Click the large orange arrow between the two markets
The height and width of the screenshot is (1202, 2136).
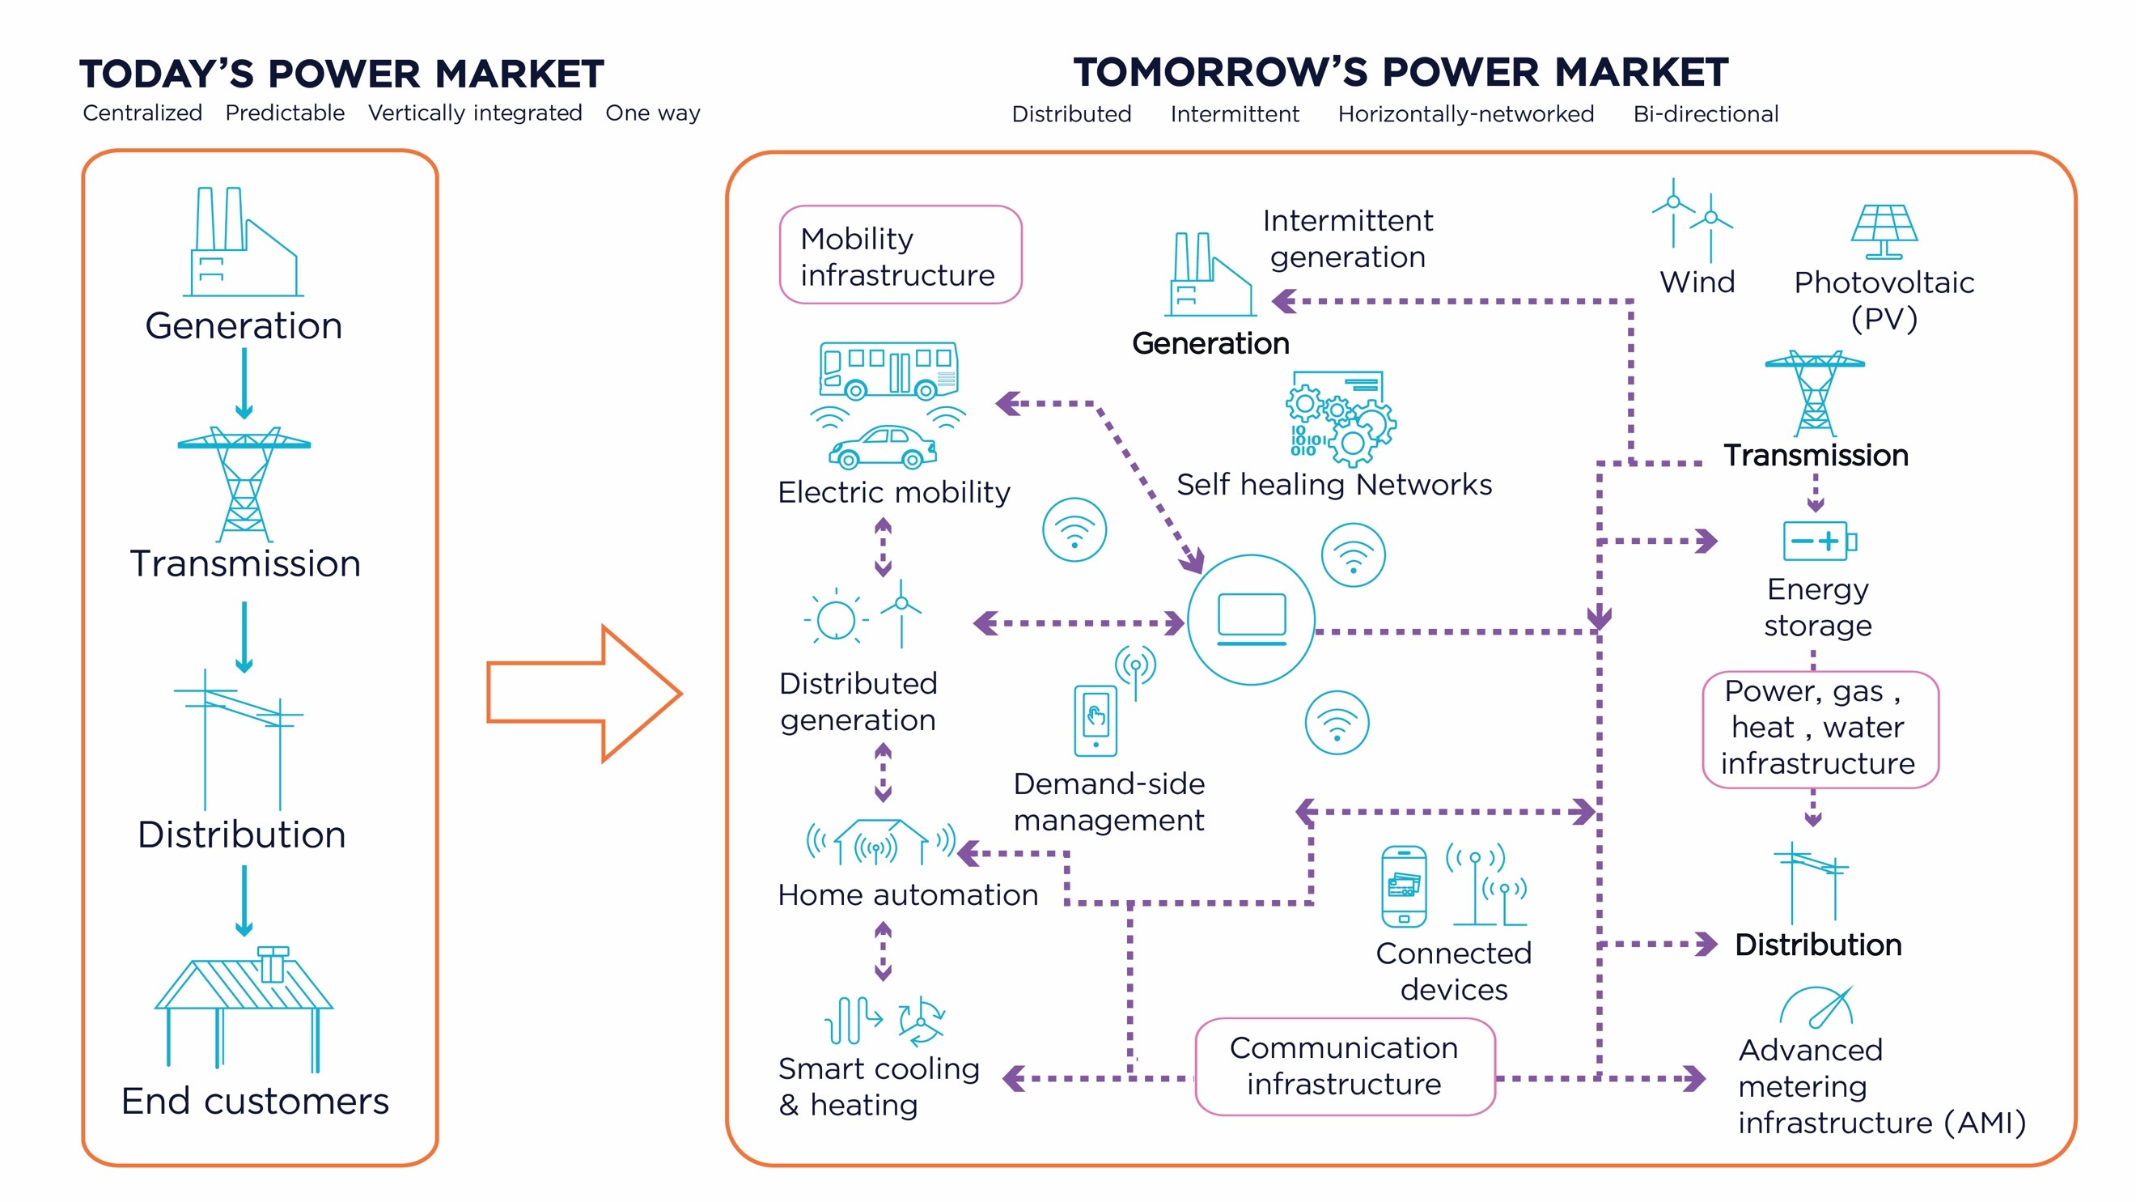point(585,694)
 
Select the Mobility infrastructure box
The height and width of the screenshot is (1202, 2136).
point(901,255)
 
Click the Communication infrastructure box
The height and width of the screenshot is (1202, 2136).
point(1344,1066)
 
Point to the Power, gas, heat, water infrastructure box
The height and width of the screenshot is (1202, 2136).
point(1820,729)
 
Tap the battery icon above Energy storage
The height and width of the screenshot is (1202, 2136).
point(1820,541)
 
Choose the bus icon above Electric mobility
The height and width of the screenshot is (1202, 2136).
point(888,370)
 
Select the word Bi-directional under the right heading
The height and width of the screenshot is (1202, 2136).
point(1706,113)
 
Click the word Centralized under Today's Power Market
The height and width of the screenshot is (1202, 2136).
point(142,113)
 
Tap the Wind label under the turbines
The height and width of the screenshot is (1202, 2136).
point(1697,282)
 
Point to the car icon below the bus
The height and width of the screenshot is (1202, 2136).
point(882,447)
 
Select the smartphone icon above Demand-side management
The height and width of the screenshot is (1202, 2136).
point(1096,720)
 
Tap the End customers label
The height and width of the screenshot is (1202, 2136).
point(256,1102)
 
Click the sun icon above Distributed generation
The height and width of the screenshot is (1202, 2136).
point(836,619)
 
